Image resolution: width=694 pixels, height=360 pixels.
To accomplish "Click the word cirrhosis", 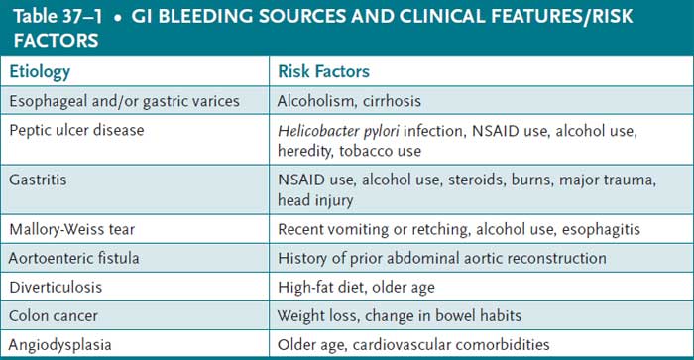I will coord(398,100).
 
